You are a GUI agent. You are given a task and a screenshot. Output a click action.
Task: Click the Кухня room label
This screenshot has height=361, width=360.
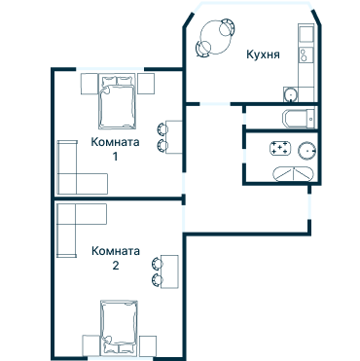pyautogui.click(x=263, y=54)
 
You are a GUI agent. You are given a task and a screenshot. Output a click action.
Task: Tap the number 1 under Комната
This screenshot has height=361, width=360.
pyautogui.click(x=115, y=157)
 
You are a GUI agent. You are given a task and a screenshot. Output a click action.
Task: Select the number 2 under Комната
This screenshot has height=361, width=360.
pyautogui.click(x=116, y=266)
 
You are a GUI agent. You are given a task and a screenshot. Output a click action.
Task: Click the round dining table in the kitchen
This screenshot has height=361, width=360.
pyautogui.click(x=216, y=38)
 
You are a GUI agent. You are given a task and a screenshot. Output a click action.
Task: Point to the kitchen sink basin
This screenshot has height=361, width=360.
pyautogui.click(x=291, y=94)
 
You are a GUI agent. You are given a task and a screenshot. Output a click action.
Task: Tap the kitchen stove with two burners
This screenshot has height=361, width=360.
pyautogui.click(x=306, y=54)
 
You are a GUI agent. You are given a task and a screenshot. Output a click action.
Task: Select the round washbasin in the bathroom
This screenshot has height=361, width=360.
pyautogui.click(x=306, y=151)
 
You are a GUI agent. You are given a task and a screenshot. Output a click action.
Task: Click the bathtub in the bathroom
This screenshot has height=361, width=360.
pyautogui.click(x=293, y=174)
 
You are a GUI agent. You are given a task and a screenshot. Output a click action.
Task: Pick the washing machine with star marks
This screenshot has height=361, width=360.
pyautogui.click(x=279, y=148)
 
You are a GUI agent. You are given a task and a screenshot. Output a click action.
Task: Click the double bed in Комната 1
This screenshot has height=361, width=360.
pyautogui.click(x=117, y=101)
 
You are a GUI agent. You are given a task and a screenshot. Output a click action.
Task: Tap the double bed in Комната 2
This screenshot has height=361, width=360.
pyautogui.click(x=119, y=328)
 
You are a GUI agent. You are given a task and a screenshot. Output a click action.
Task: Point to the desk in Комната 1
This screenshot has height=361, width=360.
pyautogui.click(x=174, y=137)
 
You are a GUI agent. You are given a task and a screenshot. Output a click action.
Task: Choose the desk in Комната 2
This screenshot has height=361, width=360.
pyautogui.click(x=169, y=271)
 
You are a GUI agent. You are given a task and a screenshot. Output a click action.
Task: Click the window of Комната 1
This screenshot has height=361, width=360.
pyautogui.click(x=110, y=69)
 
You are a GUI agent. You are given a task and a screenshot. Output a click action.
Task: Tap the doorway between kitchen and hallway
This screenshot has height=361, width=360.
pyautogui.click(x=215, y=104)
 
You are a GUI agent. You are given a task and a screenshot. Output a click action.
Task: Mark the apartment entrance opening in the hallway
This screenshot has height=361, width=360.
pyautogui.click(x=309, y=206)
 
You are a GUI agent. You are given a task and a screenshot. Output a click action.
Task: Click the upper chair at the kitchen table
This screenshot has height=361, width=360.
pyautogui.click(x=226, y=27)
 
